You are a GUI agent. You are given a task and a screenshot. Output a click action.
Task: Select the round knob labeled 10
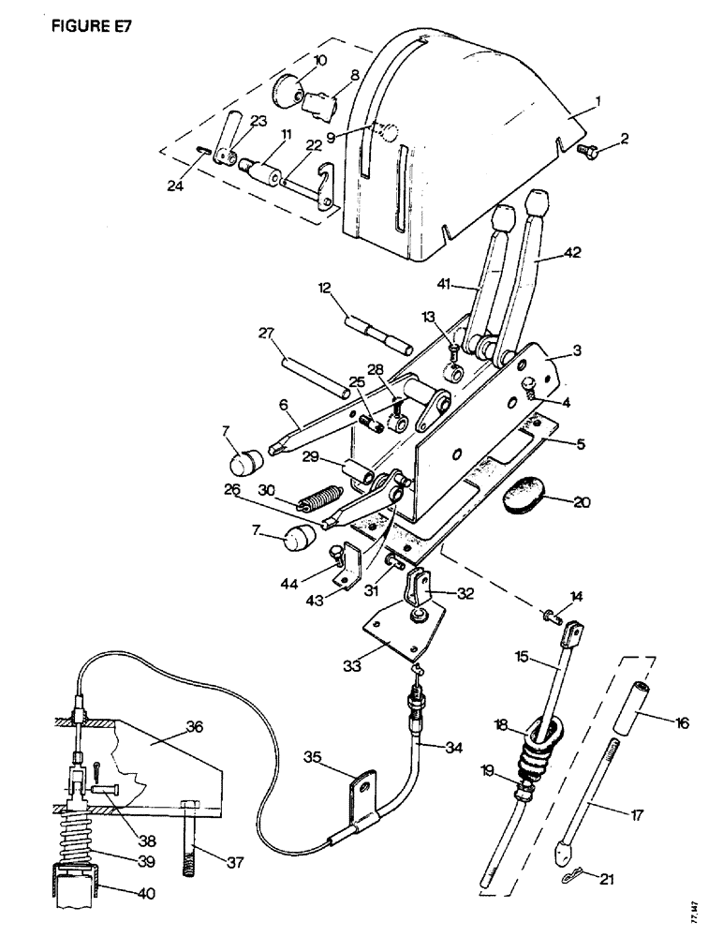coord(287,92)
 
